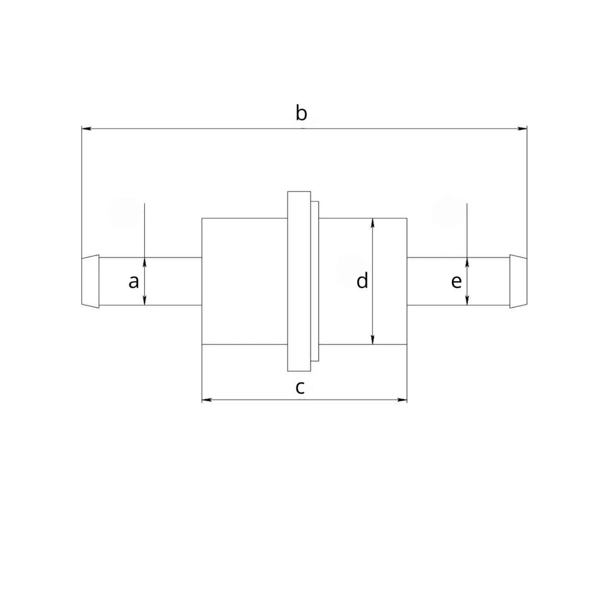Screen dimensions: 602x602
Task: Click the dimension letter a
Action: (134, 282)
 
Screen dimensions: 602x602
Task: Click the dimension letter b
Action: (301, 113)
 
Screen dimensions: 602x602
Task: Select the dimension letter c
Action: (300, 388)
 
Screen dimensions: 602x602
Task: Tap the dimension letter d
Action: (362, 280)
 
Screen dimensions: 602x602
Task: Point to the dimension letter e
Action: (457, 282)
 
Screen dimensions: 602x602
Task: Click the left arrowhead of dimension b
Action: (86, 128)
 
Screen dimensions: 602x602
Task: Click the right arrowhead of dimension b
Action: (522, 128)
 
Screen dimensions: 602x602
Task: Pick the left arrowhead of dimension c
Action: (207, 400)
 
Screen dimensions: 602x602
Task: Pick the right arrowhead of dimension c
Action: (402, 400)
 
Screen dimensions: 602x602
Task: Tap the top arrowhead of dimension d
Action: (372, 223)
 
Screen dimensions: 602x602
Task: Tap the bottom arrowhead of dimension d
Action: (372, 339)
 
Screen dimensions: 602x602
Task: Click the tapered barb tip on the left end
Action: (90, 281)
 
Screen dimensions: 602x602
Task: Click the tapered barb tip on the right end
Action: (518, 281)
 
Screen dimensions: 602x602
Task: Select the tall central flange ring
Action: (299, 281)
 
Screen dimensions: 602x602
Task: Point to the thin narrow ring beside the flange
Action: (315, 281)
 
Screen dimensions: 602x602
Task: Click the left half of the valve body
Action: (245, 281)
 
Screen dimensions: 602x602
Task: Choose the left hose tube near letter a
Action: (150, 281)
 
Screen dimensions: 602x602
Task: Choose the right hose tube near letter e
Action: (458, 281)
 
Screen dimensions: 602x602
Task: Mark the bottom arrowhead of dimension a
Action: (144, 301)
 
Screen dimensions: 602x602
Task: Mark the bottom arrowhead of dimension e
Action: (467, 301)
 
